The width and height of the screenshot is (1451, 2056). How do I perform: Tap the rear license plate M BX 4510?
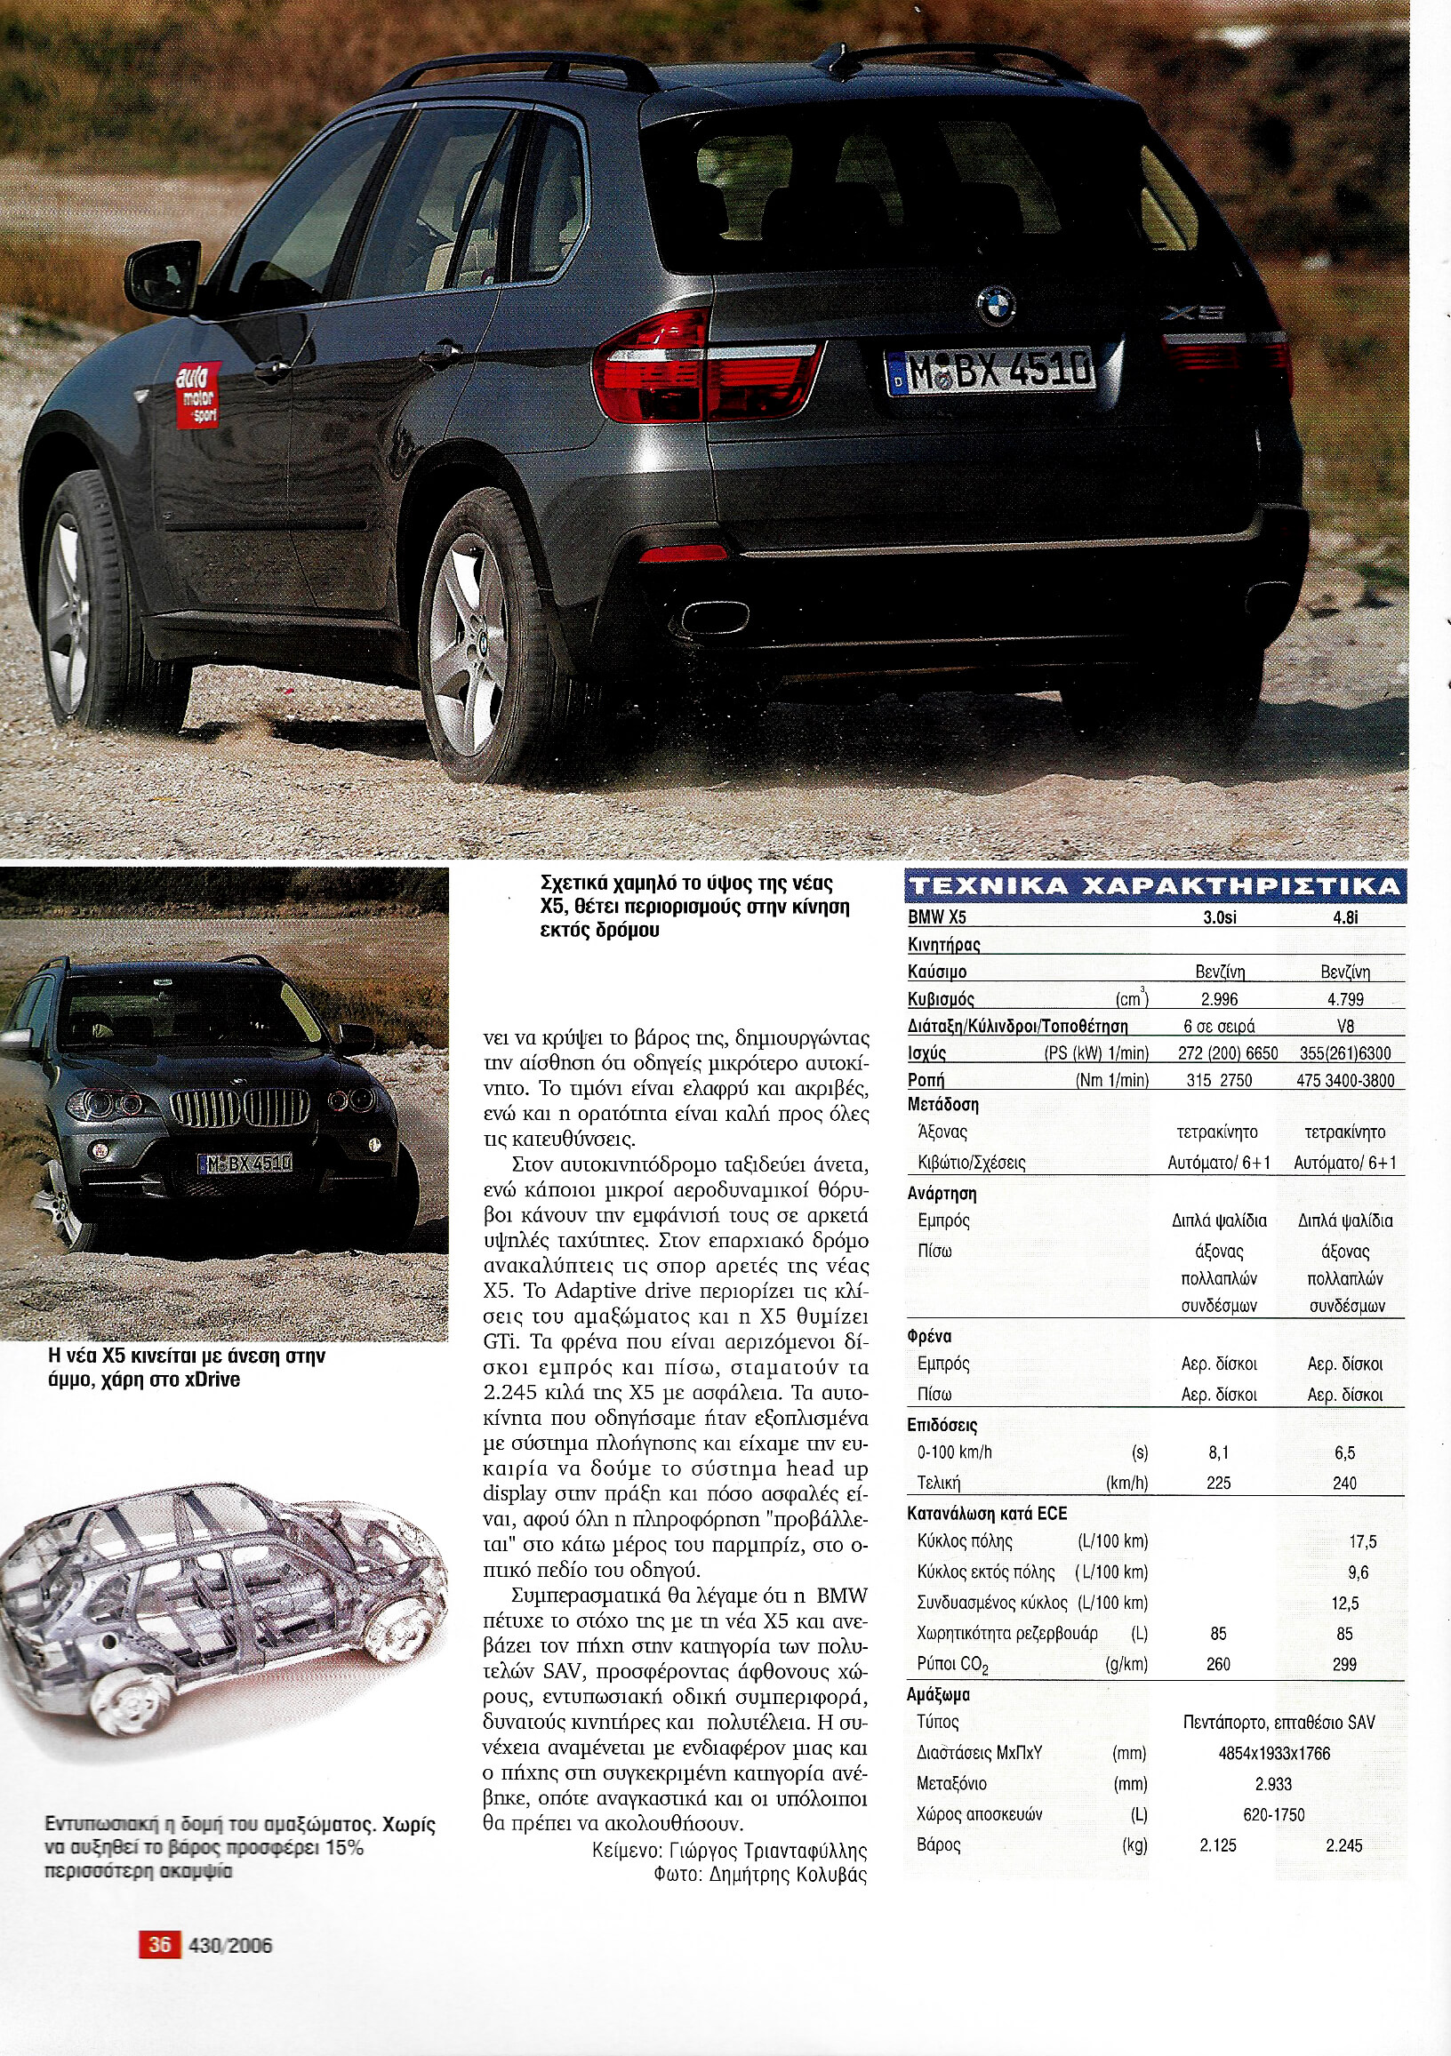tap(990, 370)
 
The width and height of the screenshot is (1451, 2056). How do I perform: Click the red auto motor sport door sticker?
tap(198, 395)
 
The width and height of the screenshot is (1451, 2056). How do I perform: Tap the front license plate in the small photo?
tap(245, 1164)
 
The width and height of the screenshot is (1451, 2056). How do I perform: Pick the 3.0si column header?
tap(1218, 917)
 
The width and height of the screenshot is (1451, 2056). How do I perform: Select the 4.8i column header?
tap(1344, 917)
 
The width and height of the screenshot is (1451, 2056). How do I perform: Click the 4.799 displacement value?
tap(1344, 999)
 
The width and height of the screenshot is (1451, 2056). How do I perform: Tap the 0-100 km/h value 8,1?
tap(1218, 1452)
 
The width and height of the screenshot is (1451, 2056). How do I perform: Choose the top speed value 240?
tap(1344, 1483)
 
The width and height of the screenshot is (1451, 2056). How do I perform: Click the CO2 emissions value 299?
tap(1344, 1665)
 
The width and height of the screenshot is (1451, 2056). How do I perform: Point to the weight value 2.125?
tap(1218, 1845)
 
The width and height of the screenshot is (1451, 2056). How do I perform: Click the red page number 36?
tap(159, 1945)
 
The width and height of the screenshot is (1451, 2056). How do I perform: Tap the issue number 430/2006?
tap(231, 1945)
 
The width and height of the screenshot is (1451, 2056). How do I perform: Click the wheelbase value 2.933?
tap(1274, 1784)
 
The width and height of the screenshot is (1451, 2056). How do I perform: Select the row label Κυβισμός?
tap(942, 999)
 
